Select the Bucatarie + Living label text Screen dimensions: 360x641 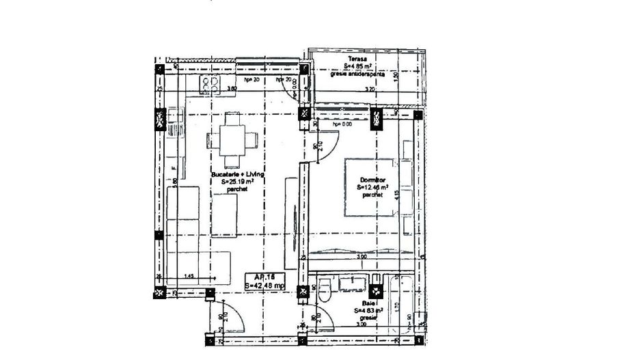click(237, 175)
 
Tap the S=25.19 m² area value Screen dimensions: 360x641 click(237, 182)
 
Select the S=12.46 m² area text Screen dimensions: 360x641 click(373, 186)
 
